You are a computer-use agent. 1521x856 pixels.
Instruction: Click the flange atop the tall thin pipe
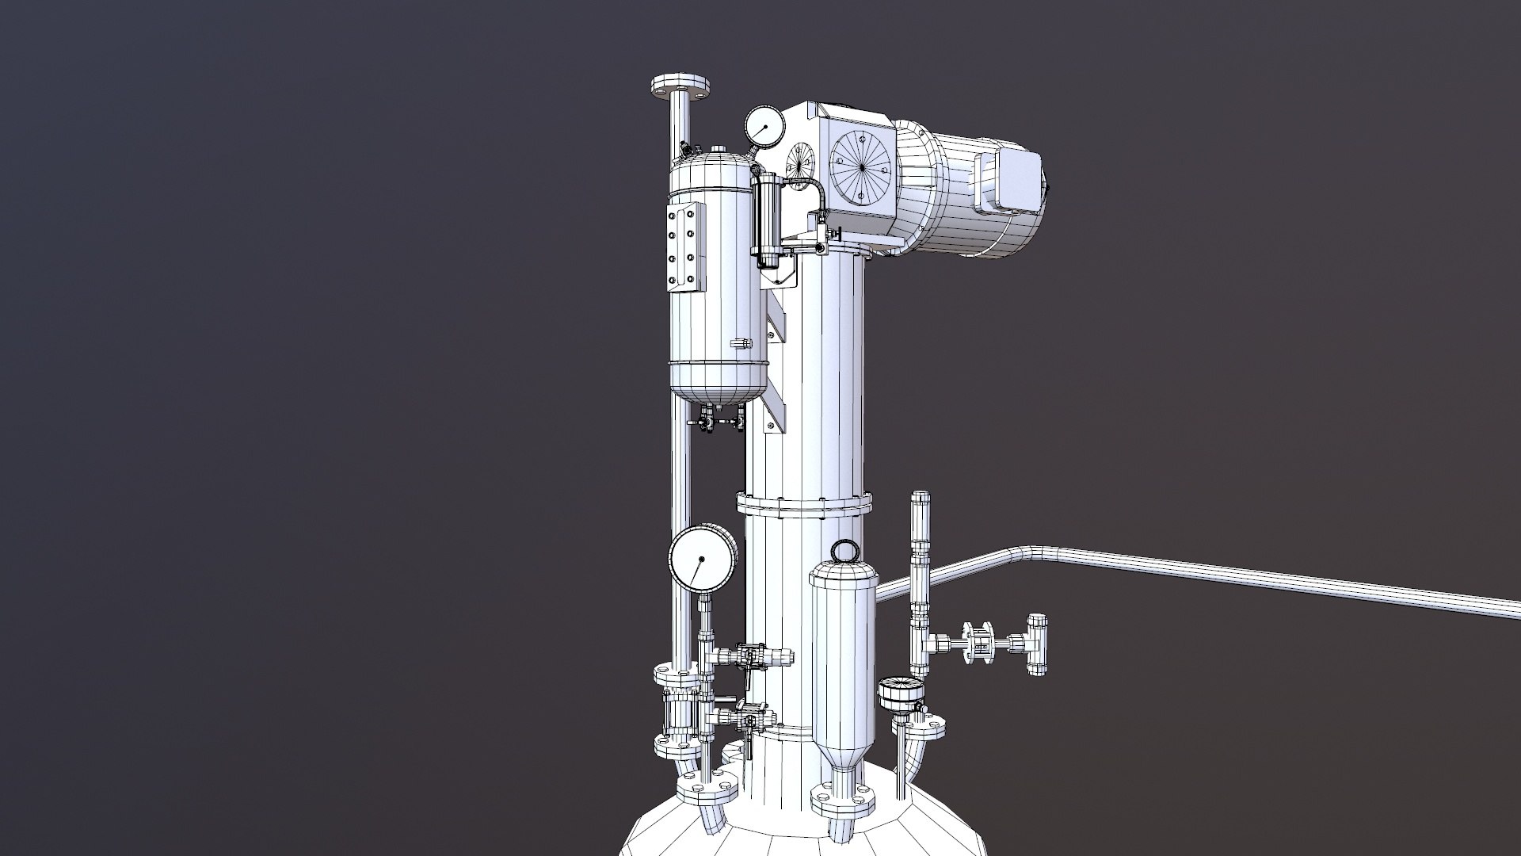pos(680,86)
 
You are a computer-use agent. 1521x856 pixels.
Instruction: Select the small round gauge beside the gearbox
pos(764,124)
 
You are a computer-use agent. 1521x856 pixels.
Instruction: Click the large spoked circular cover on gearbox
pos(862,167)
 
